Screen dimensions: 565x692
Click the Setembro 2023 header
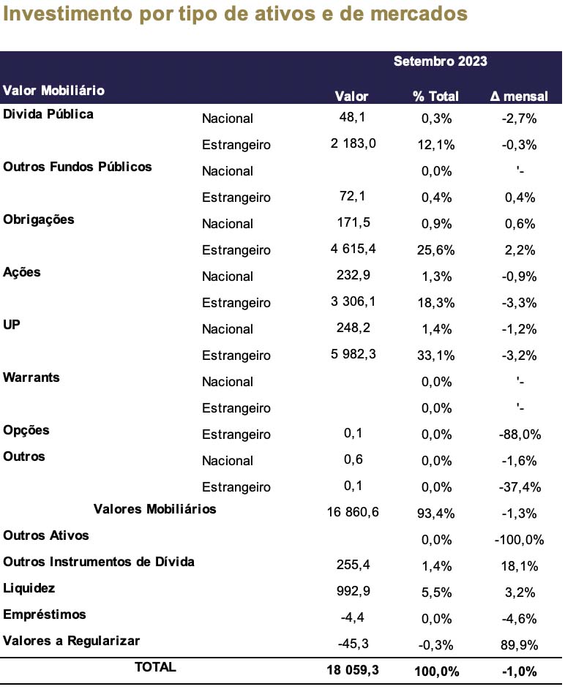(x=440, y=61)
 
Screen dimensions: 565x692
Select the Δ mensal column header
(x=519, y=96)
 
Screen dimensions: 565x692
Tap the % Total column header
(x=435, y=96)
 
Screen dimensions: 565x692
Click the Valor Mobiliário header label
(x=54, y=91)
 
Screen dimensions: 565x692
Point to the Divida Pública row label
(x=48, y=114)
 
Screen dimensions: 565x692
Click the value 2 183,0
(x=353, y=143)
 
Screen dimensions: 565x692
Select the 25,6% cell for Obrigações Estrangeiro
(x=435, y=250)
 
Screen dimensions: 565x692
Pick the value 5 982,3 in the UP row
(x=353, y=354)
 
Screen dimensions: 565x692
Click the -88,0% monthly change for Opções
(x=520, y=435)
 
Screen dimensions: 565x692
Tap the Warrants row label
(x=31, y=377)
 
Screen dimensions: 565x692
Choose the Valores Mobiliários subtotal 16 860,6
(x=353, y=512)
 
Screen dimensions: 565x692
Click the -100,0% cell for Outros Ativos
(x=519, y=540)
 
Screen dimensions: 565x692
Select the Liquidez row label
(x=29, y=588)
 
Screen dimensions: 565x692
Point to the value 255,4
(x=353, y=565)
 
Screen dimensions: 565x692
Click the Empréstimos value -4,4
(x=352, y=617)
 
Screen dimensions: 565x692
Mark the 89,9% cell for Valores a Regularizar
(x=519, y=645)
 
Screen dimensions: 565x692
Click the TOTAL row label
(x=155, y=667)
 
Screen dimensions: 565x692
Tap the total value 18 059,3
(x=353, y=670)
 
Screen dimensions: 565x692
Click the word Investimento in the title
(x=67, y=13)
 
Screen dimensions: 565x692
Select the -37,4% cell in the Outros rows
(x=520, y=487)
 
